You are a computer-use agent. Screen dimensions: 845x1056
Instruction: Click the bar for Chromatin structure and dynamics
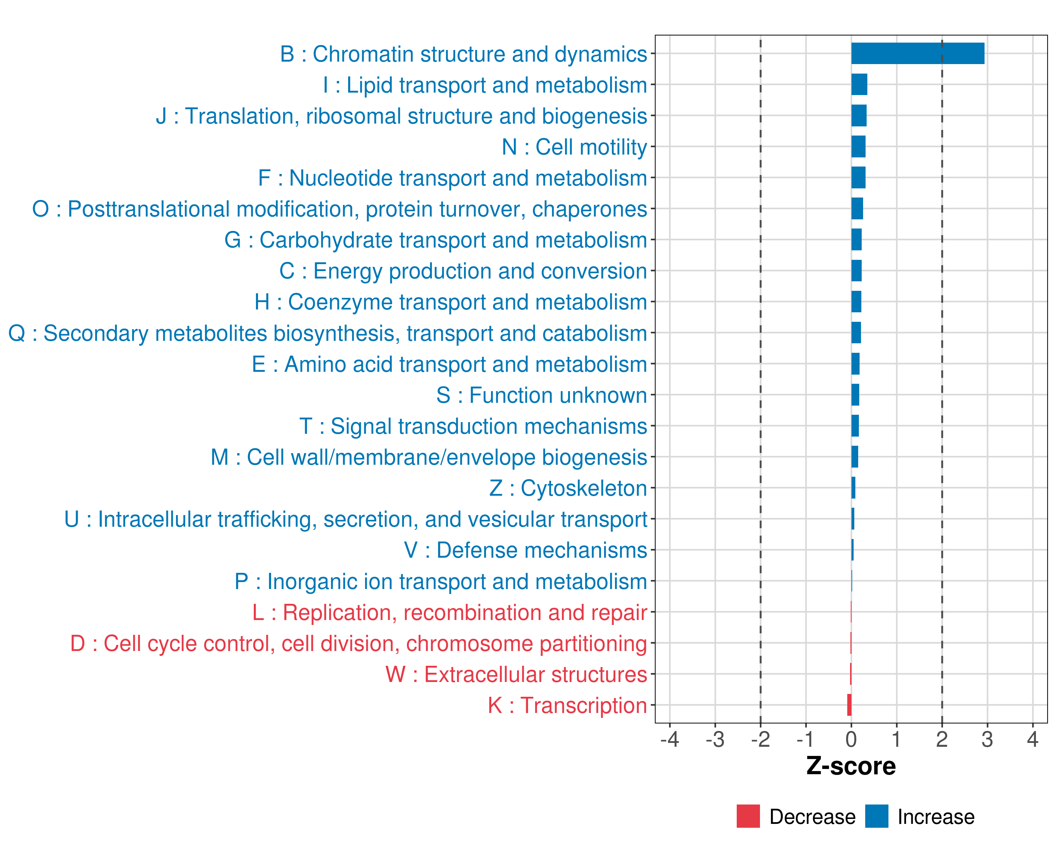[x=917, y=54]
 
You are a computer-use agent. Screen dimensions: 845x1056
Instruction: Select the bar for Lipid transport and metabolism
[x=859, y=84]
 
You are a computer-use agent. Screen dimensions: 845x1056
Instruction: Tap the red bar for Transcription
[x=849, y=705]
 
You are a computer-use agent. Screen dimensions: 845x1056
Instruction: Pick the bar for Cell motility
[x=858, y=146]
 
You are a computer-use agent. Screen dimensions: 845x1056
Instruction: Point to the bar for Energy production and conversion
[x=856, y=270]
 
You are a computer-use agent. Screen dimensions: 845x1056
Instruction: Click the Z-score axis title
[x=851, y=766]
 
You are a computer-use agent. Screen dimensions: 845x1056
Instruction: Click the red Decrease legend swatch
[x=748, y=816]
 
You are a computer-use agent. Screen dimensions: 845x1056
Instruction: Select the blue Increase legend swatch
[x=876, y=816]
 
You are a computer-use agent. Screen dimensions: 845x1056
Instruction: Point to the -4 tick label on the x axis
[x=670, y=739]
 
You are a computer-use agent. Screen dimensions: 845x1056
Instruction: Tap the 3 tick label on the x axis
[x=987, y=739]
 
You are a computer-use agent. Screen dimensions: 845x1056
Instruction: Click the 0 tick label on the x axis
[x=851, y=739]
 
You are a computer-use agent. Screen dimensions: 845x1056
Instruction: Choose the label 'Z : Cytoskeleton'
[x=568, y=488]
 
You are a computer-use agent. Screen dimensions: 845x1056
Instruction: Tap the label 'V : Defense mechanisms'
[x=526, y=550]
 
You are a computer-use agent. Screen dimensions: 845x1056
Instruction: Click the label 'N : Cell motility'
[x=574, y=147]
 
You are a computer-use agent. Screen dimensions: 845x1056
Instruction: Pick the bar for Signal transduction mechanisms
[x=855, y=426]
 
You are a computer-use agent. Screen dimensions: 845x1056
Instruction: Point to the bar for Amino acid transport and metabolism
[x=855, y=363]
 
